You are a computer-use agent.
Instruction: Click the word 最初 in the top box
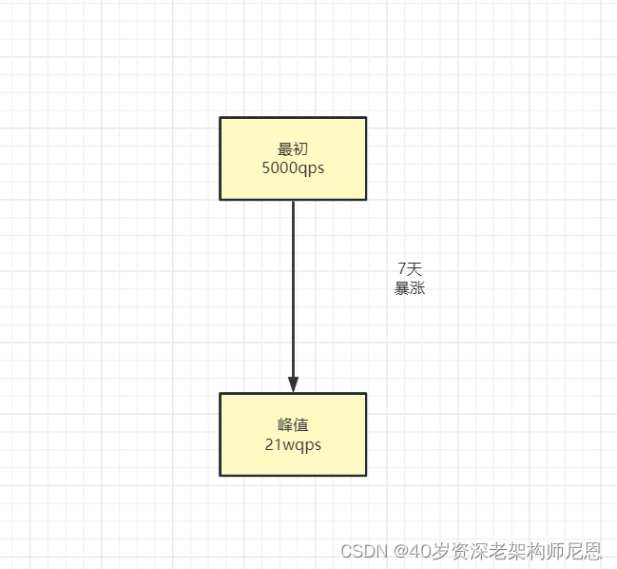click(293, 149)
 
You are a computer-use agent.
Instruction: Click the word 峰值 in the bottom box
click(293, 425)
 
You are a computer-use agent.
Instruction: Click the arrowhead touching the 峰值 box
click(293, 383)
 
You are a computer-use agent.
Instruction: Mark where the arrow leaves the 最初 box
click(293, 201)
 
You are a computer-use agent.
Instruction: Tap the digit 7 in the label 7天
click(402, 269)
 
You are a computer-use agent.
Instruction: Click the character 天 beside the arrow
click(415, 269)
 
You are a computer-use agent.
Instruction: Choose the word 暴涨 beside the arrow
click(410, 287)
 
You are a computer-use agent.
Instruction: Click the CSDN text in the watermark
click(360, 551)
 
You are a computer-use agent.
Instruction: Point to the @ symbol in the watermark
click(401, 551)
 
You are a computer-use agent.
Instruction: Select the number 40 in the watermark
click(419, 551)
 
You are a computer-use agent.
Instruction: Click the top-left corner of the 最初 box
click(221, 118)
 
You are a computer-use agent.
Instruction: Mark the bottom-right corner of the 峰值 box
click(366, 475)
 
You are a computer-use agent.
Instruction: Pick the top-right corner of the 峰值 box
click(366, 394)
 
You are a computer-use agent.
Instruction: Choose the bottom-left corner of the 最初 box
click(221, 199)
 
